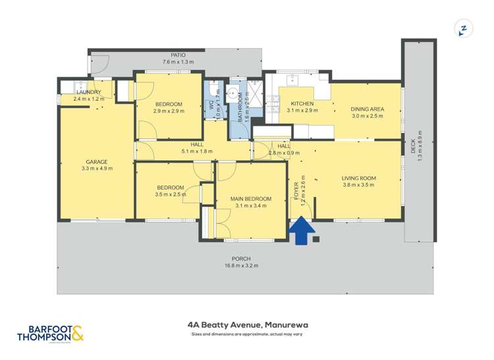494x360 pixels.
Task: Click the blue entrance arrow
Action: tap(300, 231)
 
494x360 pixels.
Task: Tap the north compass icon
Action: tap(464, 29)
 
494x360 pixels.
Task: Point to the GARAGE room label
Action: tap(96, 162)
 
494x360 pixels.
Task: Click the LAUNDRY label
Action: tap(89, 92)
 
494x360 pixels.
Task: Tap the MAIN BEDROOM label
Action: tap(250, 199)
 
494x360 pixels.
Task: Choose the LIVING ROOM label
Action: tap(358, 178)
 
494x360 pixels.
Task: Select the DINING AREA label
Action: tap(367, 109)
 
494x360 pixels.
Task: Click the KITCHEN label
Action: tap(302, 104)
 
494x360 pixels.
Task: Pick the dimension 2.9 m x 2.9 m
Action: tap(169, 111)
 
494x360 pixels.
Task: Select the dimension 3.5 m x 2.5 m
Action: tap(169, 194)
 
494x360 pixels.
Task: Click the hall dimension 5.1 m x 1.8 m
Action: tap(196, 151)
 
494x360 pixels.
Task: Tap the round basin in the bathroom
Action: tap(233, 93)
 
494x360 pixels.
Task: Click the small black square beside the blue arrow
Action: tap(316, 239)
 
